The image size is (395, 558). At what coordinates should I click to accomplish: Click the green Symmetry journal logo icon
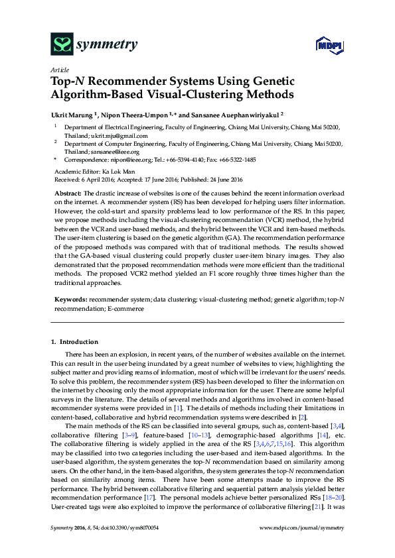(x=62, y=44)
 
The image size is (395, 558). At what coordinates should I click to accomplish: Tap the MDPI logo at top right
(x=329, y=45)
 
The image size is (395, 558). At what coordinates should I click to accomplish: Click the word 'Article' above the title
(x=59, y=70)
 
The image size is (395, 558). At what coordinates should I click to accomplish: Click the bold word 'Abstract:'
(x=68, y=192)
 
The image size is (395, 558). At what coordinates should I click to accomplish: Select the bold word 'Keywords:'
(x=70, y=300)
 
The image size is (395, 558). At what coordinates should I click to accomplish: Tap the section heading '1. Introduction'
(x=74, y=342)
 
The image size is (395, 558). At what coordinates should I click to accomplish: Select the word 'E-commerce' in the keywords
(x=126, y=309)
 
